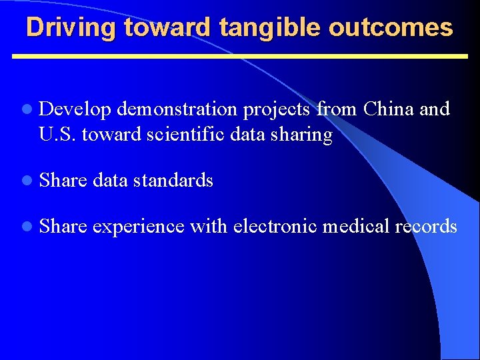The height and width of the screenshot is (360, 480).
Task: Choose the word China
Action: point(389,109)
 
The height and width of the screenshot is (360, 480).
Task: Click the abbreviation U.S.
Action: point(58,135)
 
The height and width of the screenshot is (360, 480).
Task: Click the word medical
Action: point(356,227)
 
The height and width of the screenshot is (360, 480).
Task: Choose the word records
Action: point(426,227)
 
